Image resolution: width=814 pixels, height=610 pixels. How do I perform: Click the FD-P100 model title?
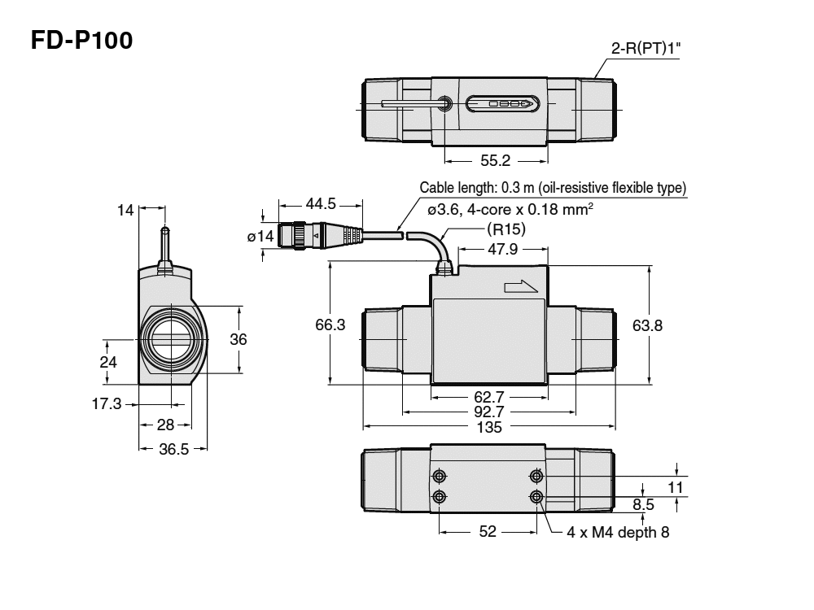tap(81, 40)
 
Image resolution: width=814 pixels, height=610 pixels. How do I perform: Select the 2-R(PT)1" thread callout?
tap(646, 49)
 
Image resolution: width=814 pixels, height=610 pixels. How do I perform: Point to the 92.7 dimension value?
tap(488, 412)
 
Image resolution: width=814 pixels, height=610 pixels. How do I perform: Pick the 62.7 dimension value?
tap(488, 397)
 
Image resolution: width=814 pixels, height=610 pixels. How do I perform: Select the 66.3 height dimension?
tap(330, 325)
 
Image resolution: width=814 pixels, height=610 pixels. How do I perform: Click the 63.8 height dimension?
tap(647, 325)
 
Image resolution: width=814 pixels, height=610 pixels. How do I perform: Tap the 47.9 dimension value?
tap(502, 250)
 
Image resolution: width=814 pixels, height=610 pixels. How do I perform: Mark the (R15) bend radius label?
tap(505, 229)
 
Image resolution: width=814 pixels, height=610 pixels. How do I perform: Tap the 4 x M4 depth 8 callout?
tap(619, 533)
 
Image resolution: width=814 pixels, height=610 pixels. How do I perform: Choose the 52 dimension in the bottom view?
tap(488, 532)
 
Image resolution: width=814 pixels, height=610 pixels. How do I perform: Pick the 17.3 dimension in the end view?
tap(107, 403)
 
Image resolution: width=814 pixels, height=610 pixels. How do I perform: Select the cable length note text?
tap(553, 188)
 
